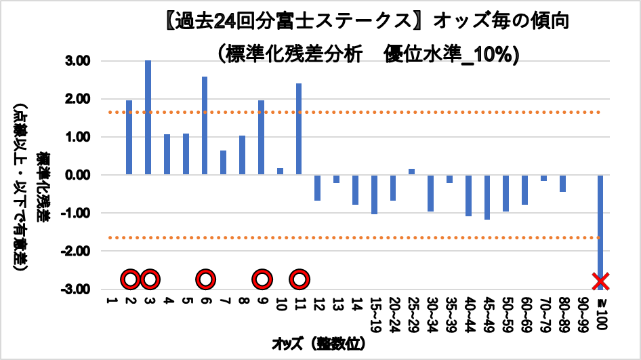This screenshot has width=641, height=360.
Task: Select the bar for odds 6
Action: point(205,125)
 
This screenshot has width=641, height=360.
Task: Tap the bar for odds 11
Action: point(299,129)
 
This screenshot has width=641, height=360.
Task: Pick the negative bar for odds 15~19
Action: point(374,195)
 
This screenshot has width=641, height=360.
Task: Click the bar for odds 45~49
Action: point(487,197)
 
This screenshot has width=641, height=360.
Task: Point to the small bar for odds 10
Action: point(280,172)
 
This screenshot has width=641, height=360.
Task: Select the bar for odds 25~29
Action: point(412,172)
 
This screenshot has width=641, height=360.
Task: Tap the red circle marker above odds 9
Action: point(262,279)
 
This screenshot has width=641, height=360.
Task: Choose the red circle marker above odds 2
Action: point(131,279)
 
